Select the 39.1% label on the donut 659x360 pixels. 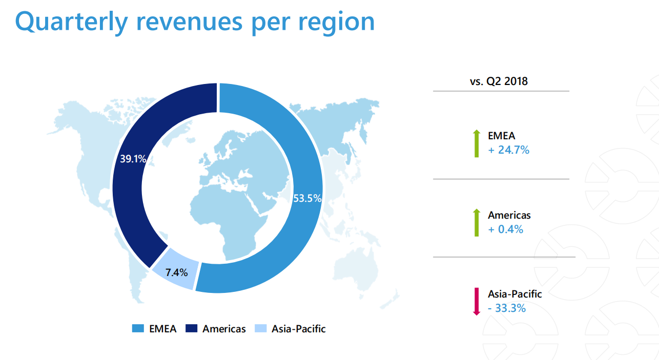tap(133, 159)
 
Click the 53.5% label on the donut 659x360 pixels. tap(307, 198)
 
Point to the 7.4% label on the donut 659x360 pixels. tap(176, 272)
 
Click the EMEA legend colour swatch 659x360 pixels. tap(138, 329)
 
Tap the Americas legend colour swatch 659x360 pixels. tap(191, 329)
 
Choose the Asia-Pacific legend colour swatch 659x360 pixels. tap(260, 329)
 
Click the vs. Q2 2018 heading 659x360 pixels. tap(499, 81)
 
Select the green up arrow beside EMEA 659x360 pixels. tap(476, 143)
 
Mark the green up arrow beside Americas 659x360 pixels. tap(476, 222)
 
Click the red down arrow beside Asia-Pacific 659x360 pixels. tap(476, 301)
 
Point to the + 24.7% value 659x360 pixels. tap(508, 151)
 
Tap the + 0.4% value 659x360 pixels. tap(505, 229)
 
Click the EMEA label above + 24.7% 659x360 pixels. tap(501, 136)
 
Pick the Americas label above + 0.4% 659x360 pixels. tap(509, 215)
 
